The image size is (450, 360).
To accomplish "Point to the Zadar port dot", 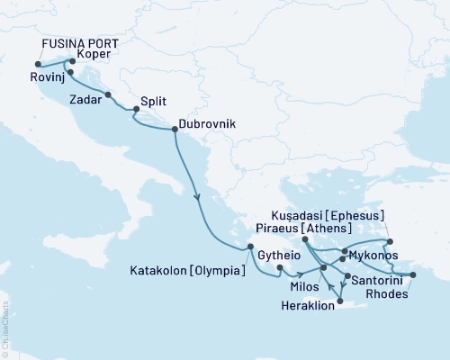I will coord(108,94).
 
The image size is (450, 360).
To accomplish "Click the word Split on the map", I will coord(156,103).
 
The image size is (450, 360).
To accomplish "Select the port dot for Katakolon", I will coord(250,247).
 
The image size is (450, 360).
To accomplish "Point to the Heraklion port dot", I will coord(339,289).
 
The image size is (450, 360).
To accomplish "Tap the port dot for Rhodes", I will coord(412,274).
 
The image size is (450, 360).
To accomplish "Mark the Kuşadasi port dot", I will coord(389,241).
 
